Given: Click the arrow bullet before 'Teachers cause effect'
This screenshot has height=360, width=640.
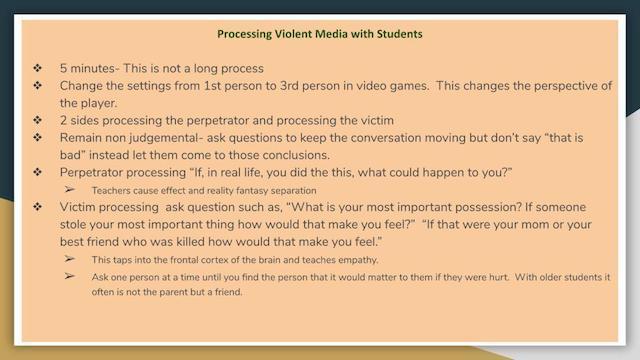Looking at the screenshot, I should [70, 189].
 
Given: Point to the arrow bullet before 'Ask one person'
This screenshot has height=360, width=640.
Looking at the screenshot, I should [70, 276].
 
